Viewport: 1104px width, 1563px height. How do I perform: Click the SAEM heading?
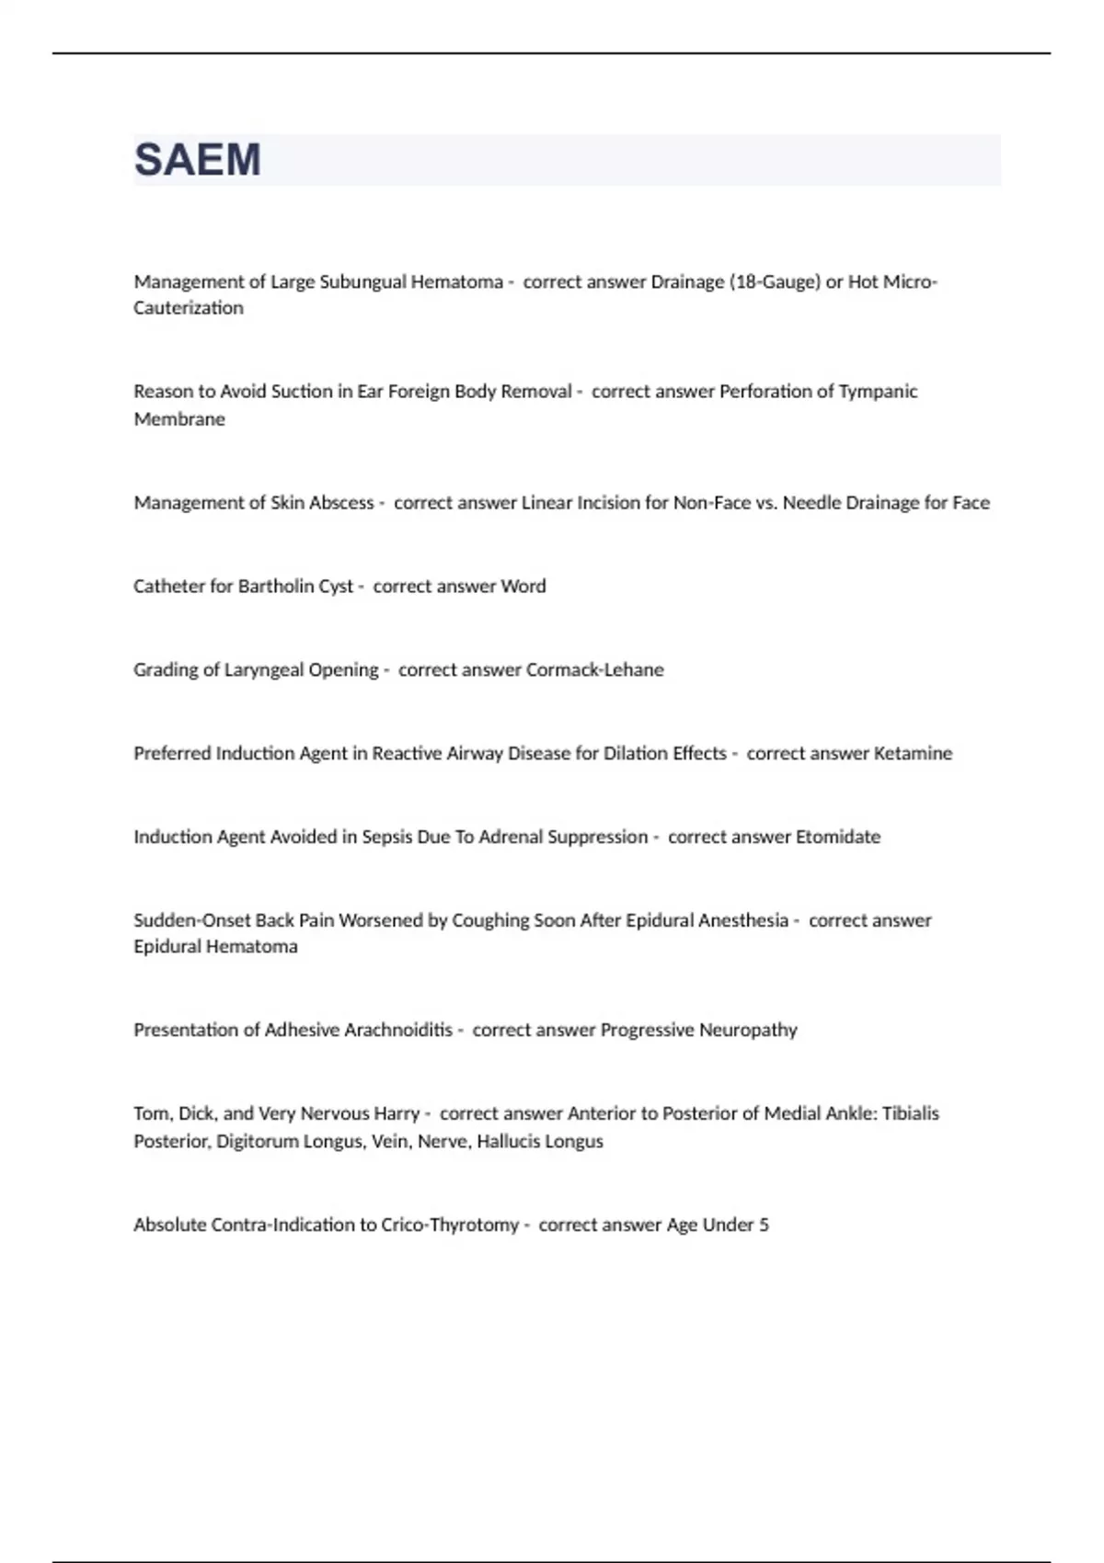(x=198, y=160)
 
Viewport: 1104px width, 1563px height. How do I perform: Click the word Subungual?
(x=362, y=282)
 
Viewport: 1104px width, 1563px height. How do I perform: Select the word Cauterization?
(x=189, y=308)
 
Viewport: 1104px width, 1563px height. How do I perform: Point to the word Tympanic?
(x=878, y=392)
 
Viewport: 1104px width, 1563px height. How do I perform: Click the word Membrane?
(x=179, y=419)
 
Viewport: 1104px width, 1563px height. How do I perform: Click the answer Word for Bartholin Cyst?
(x=523, y=587)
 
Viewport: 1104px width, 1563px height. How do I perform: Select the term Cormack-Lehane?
(x=595, y=670)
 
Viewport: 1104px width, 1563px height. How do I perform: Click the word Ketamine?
(x=913, y=754)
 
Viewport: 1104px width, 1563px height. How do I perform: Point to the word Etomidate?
(x=838, y=838)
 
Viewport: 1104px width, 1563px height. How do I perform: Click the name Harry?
(x=397, y=1114)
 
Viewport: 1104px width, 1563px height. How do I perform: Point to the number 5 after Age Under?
(x=764, y=1226)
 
